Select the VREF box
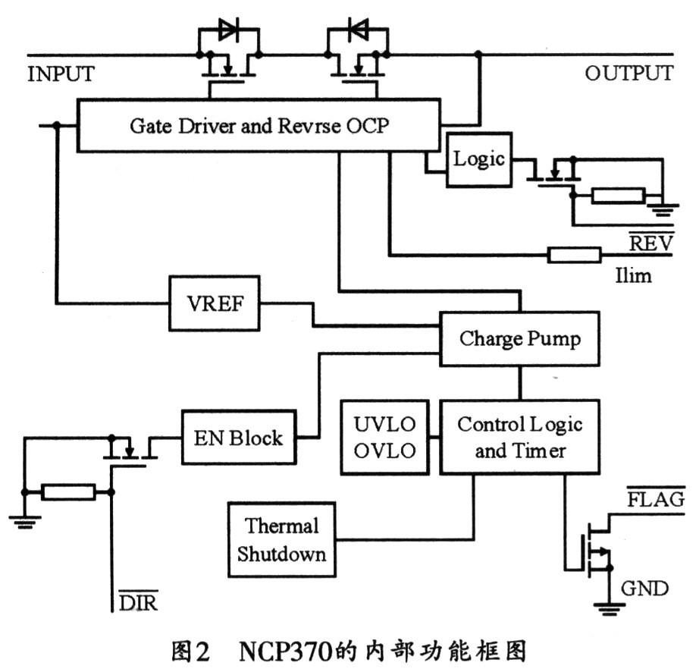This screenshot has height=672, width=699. [214, 302]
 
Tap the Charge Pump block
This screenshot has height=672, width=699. [520, 338]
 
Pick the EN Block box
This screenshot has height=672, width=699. [237, 438]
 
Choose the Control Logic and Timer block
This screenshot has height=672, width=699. [520, 437]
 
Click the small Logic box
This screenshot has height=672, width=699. [478, 159]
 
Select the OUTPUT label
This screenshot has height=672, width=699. [628, 74]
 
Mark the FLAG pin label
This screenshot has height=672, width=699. [655, 500]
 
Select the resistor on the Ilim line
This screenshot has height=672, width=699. [574, 254]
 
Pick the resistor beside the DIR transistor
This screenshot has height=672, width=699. [68, 491]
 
